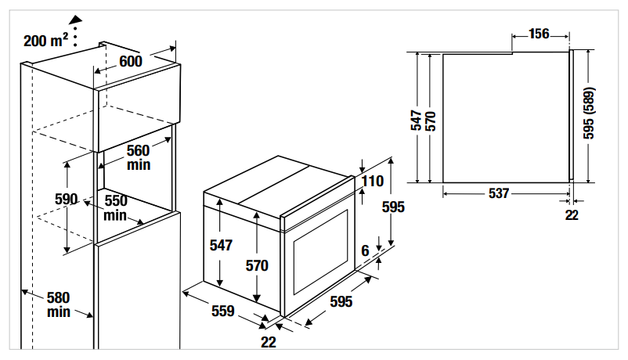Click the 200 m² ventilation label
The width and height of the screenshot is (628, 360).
pos(45,39)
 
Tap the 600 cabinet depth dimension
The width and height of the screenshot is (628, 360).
pos(131,62)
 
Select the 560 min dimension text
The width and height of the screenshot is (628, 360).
pos(138,157)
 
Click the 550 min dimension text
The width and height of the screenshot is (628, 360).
pos(115,207)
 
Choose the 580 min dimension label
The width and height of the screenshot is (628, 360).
pos(58,304)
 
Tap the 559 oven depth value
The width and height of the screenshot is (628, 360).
pos(223,311)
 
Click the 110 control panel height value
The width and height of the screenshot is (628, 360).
pos(373,182)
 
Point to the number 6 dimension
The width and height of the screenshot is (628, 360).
pos(365,250)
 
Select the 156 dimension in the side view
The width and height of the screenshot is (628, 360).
pos(539,34)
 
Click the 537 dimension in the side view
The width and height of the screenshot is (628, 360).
pos(498,193)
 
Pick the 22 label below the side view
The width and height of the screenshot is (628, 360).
pos(572,214)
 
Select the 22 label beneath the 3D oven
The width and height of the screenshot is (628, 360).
pos(269,341)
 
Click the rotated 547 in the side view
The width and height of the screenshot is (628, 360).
pos(417,119)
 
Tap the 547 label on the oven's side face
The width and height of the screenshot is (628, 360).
pos(222,245)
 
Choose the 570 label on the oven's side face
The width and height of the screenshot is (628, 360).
pos(257,265)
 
